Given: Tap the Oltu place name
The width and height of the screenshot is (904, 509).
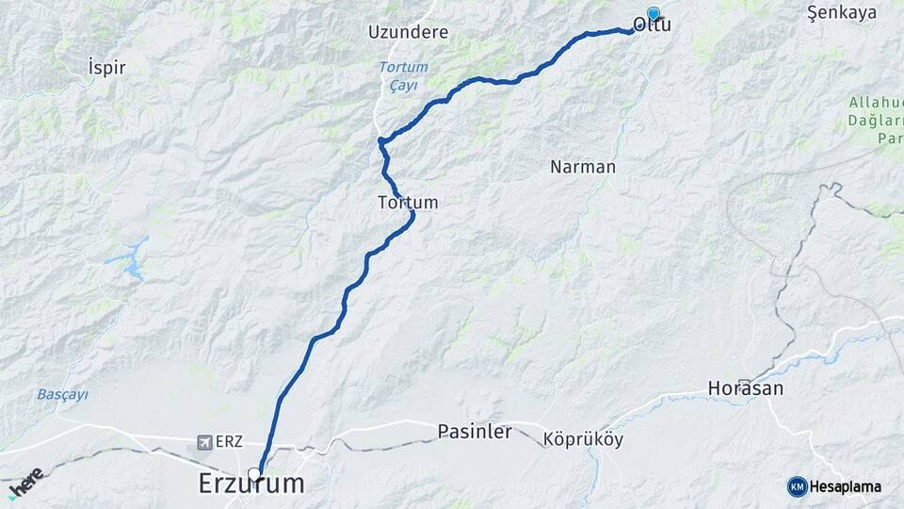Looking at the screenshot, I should coord(652,25).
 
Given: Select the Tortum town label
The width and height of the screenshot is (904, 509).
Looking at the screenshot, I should coord(407,203).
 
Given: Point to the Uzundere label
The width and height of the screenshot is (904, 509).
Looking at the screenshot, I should coord(408,32).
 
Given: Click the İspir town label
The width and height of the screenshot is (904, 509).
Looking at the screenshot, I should coord(105,68).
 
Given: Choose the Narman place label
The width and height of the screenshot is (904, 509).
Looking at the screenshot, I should coord(582,168).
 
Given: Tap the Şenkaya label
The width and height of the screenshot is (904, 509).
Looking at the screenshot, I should coord(842,13).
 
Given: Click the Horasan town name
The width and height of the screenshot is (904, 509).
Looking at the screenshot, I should coord(746,388).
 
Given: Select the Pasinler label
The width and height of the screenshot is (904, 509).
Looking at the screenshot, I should coord(475,432).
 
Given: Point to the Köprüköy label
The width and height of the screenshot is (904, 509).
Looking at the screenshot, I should coord(583,439).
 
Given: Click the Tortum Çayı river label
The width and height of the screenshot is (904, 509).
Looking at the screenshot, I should coord(403,75).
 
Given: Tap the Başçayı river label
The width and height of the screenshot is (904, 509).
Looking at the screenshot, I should coord(62,394).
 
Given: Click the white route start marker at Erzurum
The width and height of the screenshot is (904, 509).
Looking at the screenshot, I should coord(254,473).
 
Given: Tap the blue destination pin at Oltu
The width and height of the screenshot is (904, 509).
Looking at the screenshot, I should coord(654,14).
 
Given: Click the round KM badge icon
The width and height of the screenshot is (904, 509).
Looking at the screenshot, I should coord(797,486).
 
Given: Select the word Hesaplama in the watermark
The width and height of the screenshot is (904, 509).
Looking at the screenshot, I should coord(845,487).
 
